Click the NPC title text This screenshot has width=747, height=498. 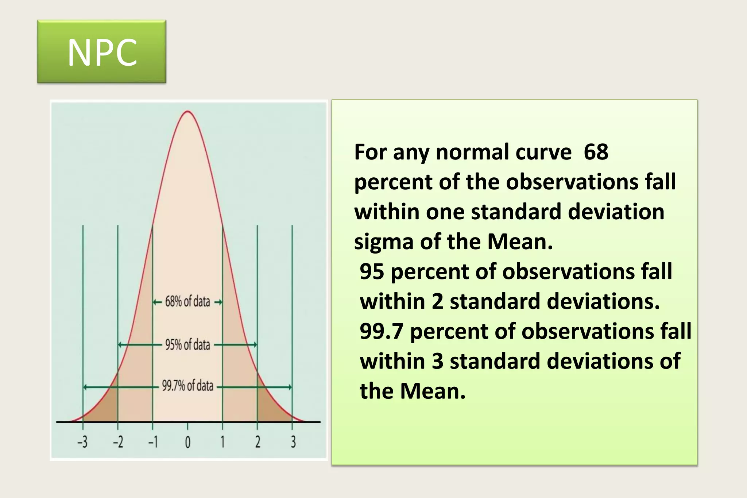point(102,53)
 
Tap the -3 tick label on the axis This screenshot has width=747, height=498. point(82,442)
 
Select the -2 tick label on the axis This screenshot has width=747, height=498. point(118,442)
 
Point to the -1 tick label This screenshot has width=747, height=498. point(153,442)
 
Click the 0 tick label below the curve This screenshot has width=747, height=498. point(187,443)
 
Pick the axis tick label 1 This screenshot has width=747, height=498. point(222,442)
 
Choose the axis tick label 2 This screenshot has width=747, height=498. point(258,442)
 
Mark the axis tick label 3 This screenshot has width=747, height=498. point(293,442)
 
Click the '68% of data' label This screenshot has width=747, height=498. point(187,302)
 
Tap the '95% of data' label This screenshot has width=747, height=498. point(187,344)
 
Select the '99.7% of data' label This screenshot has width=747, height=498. point(187,386)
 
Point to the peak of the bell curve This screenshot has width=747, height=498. point(187,111)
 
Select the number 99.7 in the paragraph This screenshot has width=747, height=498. point(381,331)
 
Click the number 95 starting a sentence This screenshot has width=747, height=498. point(372,272)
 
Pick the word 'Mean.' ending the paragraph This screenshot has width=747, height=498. point(433,391)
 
